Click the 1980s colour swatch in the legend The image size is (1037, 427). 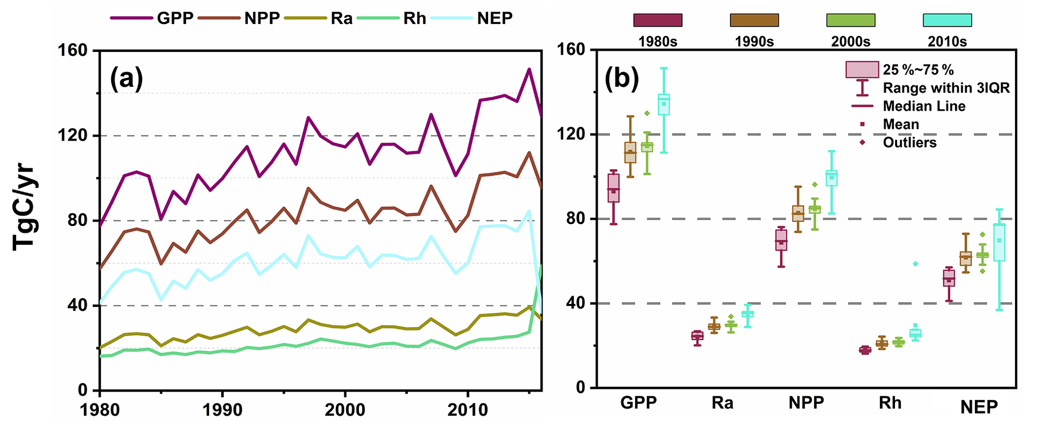click(658, 20)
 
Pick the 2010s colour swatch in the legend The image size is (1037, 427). click(947, 20)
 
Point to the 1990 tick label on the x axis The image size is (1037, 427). click(222, 409)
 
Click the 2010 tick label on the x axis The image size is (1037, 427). click(468, 409)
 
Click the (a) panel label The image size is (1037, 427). click(126, 79)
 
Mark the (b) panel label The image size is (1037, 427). click(622, 78)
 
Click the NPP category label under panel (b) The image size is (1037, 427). click(806, 402)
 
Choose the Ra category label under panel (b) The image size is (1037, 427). click(722, 402)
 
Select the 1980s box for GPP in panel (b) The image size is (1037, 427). click(614, 188)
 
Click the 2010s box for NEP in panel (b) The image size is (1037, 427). click(999, 243)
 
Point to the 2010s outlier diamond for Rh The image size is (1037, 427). click(915, 264)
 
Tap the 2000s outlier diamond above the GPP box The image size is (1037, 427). click(647, 113)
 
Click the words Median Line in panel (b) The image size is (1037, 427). click(924, 106)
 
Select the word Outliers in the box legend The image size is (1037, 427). click(910, 143)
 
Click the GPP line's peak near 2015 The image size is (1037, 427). click(529, 69)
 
